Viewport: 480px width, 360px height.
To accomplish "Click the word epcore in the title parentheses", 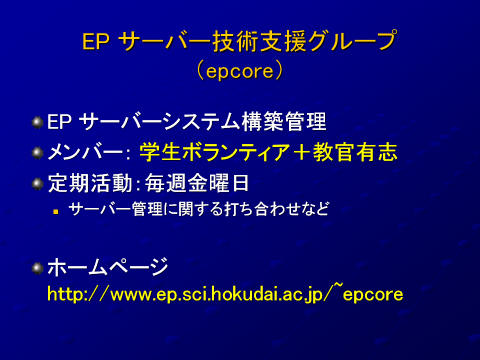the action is (239, 72).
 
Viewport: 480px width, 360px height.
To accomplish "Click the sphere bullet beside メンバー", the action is (37, 153).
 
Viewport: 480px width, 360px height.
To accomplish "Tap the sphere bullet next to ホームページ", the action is (37, 268).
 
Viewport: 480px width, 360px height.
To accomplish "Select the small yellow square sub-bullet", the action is (55, 211).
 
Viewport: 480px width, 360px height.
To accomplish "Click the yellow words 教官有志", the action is (355, 152).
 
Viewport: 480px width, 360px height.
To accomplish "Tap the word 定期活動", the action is (90, 183).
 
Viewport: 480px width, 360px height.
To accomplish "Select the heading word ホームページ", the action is (108, 267).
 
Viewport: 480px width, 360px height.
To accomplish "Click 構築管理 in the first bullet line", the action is (284, 121).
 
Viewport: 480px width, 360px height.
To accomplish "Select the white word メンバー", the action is (85, 152).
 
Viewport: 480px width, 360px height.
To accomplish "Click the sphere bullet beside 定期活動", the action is (37, 184).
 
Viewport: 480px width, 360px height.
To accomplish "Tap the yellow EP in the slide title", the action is (96, 41).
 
